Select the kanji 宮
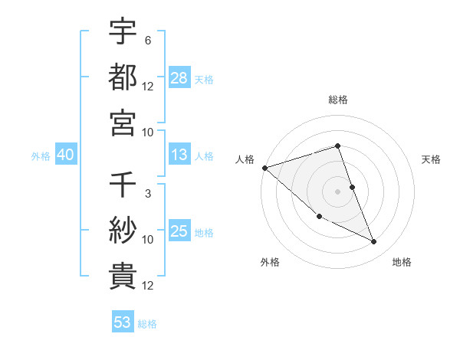click(123, 123)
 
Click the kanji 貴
click(123, 277)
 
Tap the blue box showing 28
click(179, 78)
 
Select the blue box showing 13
click(179, 155)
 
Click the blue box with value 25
click(179, 232)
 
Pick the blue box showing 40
click(65, 155)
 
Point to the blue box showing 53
click(122, 322)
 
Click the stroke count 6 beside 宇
click(147, 40)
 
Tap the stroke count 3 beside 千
click(147, 194)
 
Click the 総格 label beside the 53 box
click(147, 323)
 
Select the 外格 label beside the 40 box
click(41, 156)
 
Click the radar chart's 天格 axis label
click(432, 159)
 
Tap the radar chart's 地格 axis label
click(402, 262)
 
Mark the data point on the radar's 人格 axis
click(264, 168)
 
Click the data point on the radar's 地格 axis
click(373, 242)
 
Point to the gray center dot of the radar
click(337, 191)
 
